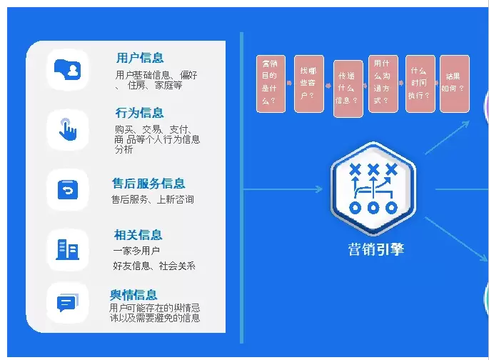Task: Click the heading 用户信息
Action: coord(140,59)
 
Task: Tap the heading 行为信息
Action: coord(139,113)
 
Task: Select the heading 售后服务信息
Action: coord(148,184)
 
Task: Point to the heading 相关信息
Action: coord(138,235)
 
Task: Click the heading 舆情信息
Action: coord(133,294)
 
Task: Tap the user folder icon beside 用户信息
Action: coord(68,70)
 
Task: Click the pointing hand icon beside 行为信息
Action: coord(68,129)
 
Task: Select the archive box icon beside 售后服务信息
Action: coord(68,190)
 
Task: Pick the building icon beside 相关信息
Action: coord(68,249)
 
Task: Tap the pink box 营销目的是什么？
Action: coord(271,83)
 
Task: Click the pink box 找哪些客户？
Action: coord(308,83)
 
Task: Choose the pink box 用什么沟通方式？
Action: coord(383,83)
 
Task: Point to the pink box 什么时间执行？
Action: coord(420,83)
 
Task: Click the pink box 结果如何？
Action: coord(454,83)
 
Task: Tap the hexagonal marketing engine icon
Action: coord(373,189)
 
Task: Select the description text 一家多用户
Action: coord(136,251)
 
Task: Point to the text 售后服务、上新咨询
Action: coord(153,200)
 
